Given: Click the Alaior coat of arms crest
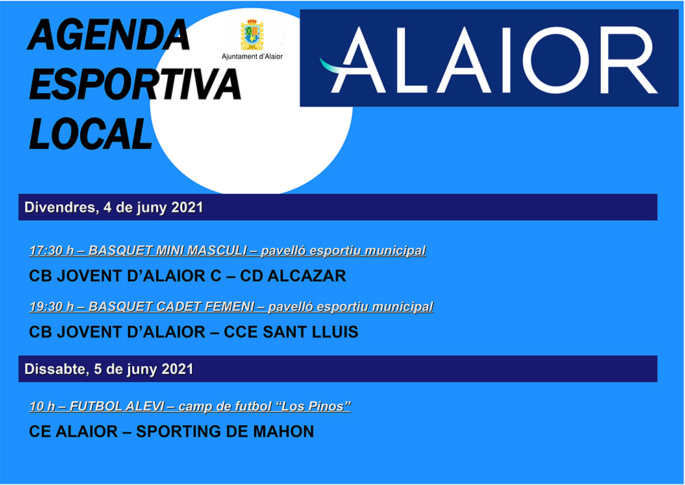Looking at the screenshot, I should click(252, 35).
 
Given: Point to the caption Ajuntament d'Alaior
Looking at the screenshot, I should click(252, 57).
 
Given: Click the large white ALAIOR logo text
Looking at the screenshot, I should click(493, 60).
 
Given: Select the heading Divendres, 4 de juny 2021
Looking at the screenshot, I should click(114, 207).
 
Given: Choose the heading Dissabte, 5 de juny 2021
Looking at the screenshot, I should click(109, 369).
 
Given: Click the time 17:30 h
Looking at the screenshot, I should click(51, 250).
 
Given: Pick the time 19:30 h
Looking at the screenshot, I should click(51, 307).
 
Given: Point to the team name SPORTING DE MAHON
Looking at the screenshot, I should click(225, 432).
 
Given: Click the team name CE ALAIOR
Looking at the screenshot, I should click(73, 432).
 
